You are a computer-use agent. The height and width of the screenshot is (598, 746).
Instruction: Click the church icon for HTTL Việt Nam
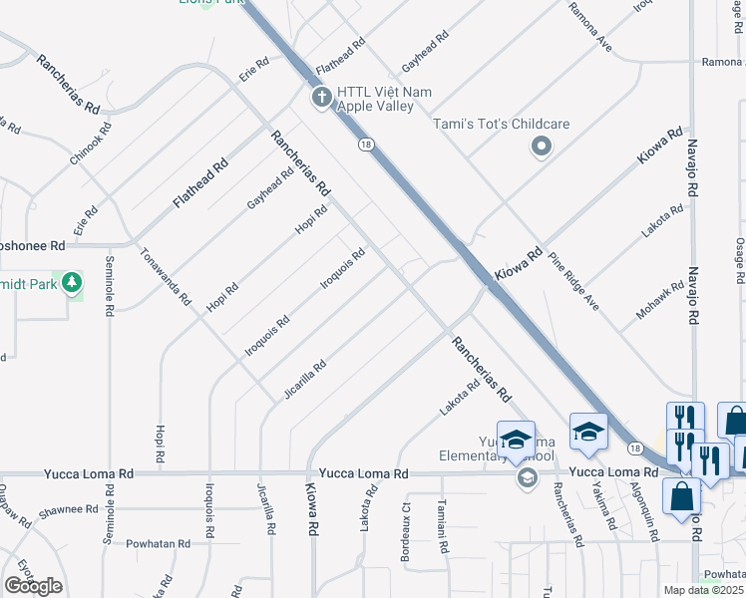(320, 98)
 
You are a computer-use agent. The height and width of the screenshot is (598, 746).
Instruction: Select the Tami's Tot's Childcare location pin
(542, 148)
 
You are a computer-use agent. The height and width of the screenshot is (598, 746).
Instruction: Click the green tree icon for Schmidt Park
(72, 284)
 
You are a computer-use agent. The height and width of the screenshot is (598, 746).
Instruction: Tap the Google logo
(33, 586)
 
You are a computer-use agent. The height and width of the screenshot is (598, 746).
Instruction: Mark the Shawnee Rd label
(70, 509)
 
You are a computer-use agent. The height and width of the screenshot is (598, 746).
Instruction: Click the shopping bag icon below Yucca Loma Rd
(681, 495)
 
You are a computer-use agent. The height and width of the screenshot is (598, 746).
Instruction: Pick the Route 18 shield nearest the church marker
(366, 145)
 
